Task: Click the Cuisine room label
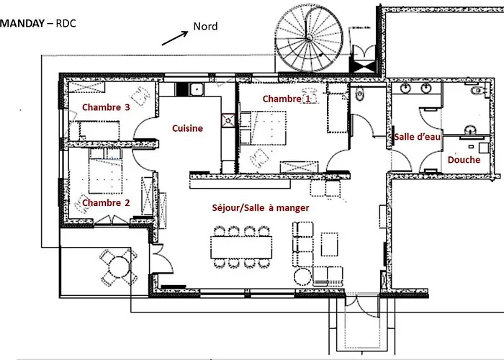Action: click(x=187, y=128)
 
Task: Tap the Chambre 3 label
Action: click(x=106, y=107)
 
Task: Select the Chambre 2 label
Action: click(x=106, y=203)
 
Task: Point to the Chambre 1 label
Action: click(x=287, y=99)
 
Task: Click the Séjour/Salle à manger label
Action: click(x=261, y=208)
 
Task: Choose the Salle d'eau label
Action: click(x=417, y=137)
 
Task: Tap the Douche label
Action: click(x=464, y=160)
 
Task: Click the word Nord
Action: click(x=205, y=26)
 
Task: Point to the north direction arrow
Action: click(x=175, y=38)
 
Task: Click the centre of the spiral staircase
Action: click(x=309, y=38)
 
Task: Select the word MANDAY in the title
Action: click(x=22, y=23)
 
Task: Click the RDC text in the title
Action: click(x=66, y=23)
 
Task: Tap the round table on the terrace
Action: click(x=119, y=267)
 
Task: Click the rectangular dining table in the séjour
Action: click(x=241, y=247)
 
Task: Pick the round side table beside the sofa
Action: click(x=302, y=276)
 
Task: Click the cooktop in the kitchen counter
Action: click(x=228, y=120)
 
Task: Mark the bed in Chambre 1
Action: click(x=264, y=128)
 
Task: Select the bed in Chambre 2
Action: click(x=105, y=171)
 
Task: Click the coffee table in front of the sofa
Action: click(x=330, y=244)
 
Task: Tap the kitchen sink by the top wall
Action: click(x=197, y=89)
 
